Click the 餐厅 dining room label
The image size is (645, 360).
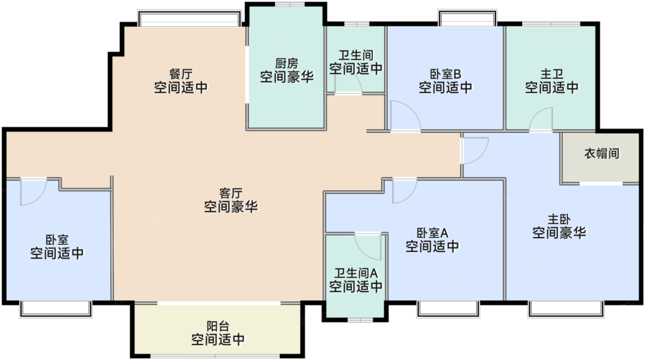pos(181,74)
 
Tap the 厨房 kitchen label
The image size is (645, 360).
pos(287,63)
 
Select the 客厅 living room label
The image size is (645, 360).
pos(231,193)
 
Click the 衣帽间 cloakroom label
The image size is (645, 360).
pos(601,153)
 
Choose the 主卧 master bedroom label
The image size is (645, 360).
pos(559,219)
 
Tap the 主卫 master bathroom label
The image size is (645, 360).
pos(552,74)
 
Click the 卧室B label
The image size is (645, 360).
pos(446,74)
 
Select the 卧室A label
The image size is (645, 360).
pos(432,232)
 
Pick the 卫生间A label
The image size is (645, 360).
pos(356,272)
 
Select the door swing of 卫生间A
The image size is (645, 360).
pos(369,247)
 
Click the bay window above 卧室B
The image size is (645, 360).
pos(467,18)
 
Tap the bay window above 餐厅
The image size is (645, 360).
pos(189,19)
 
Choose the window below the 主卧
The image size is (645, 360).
pos(565,309)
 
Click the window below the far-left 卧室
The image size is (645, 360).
pos(56,309)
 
